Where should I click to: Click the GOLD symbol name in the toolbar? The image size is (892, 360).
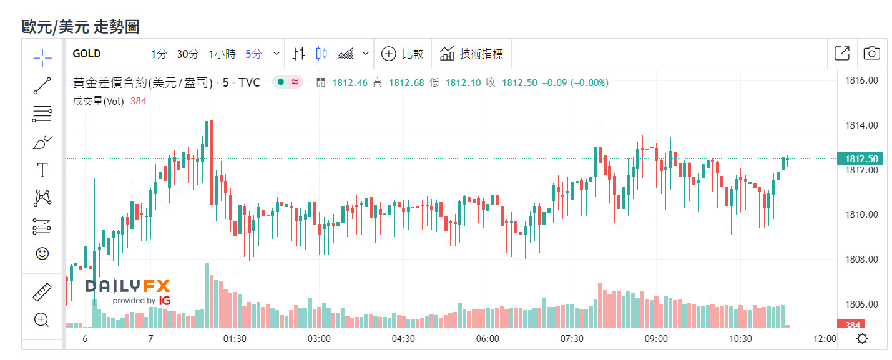click(x=87, y=54)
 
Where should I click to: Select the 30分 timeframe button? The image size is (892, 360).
click(x=187, y=54)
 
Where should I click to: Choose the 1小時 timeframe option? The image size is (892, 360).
click(x=222, y=54)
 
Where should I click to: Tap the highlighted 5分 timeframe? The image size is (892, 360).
click(x=253, y=54)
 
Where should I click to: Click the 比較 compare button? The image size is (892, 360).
click(x=403, y=54)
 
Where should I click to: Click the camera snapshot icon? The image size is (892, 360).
click(x=871, y=54)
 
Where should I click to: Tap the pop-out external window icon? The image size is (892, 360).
click(x=841, y=54)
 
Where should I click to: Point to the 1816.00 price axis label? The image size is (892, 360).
click(x=861, y=80)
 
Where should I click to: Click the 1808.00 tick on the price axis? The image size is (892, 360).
click(x=861, y=260)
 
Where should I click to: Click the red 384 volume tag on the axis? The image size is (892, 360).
click(x=853, y=325)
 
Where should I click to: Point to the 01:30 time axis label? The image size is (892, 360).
click(x=235, y=339)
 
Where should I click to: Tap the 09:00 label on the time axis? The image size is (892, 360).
click(x=656, y=339)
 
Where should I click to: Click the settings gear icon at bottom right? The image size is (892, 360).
click(x=862, y=339)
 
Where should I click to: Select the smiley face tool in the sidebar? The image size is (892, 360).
click(x=42, y=253)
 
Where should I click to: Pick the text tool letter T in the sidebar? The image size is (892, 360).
click(x=42, y=170)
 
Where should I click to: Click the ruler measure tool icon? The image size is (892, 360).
click(x=42, y=291)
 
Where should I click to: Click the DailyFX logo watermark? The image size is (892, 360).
click(x=128, y=291)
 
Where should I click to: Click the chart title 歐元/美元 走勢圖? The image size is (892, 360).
click(x=81, y=26)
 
